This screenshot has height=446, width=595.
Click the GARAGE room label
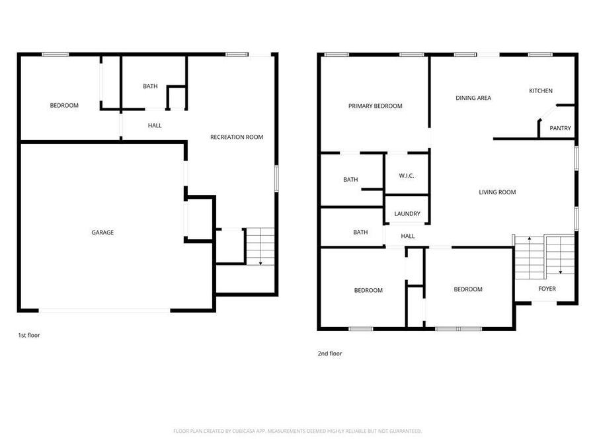click(x=102, y=233)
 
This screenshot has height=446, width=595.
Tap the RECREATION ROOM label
click(x=237, y=137)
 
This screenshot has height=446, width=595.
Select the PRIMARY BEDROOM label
click(x=376, y=106)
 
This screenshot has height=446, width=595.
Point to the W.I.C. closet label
click(x=407, y=176)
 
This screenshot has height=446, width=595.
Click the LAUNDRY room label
click(x=407, y=214)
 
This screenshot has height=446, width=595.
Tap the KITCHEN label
click(x=540, y=91)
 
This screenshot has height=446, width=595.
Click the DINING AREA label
click(x=473, y=98)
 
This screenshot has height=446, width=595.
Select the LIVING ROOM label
click(x=497, y=192)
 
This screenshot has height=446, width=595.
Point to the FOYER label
click(x=547, y=289)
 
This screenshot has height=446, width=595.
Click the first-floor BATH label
click(x=150, y=87)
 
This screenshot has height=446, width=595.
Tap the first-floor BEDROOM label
click(x=64, y=106)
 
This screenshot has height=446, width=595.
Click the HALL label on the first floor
click(x=155, y=126)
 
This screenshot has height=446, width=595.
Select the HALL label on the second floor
click(x=408, y=236)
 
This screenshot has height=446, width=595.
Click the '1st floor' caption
click(x=29, y=336)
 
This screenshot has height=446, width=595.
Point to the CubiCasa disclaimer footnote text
click(x=297, y=431)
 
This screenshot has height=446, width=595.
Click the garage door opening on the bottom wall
click(x=104, y=310)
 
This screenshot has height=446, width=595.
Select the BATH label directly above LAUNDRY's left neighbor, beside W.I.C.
click(x=350, y=180)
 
